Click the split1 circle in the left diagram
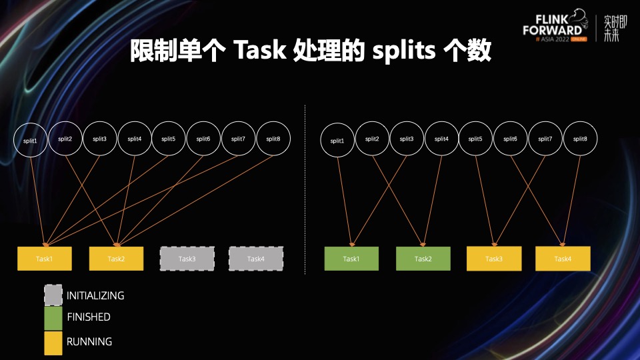[31, 141]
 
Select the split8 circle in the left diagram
[273, 139]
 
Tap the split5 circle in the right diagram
[475, 139]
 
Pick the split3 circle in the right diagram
[407, 139]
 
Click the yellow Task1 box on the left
[44, 259]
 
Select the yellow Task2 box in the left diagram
[116, 259]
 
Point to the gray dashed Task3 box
[187, 259]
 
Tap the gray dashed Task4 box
[256, 259]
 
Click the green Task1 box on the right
[351, 259]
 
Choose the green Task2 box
[423, 259]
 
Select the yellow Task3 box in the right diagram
[493, 259]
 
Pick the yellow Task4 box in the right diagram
[563, 259]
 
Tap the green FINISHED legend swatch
[53, 318]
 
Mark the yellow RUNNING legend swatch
[53, 343]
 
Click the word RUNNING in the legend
[89, 342]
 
